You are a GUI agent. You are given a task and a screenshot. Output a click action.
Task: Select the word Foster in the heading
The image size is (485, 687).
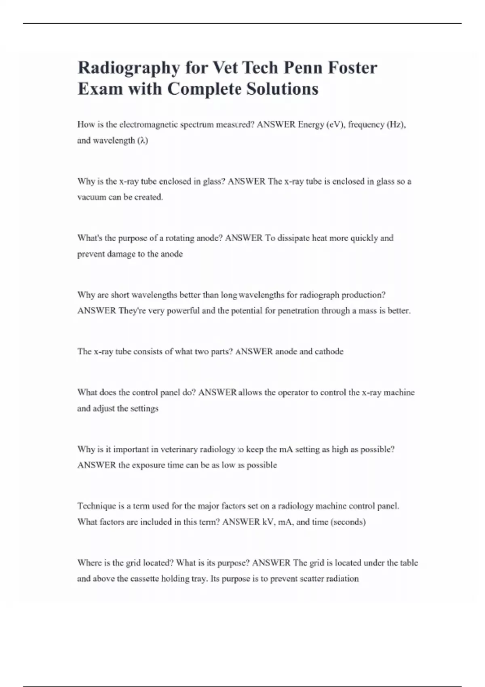tap(352, 67)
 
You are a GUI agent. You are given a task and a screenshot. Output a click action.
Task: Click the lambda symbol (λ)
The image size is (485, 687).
tap(143, 141)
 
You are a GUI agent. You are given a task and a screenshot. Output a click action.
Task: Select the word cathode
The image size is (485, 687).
tap(329, 352)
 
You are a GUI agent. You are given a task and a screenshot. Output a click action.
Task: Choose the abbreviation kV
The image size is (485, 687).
tap(268, 522)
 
